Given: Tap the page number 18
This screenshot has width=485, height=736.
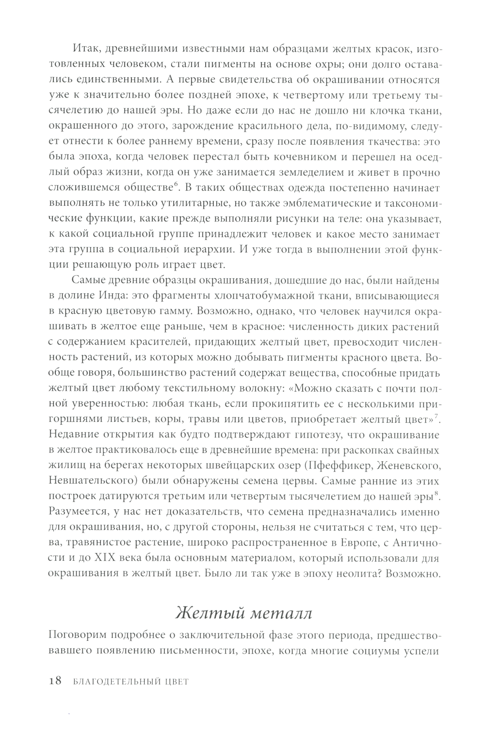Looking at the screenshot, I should (55, 681).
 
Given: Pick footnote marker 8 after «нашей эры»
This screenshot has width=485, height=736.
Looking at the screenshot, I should (437, 495).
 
